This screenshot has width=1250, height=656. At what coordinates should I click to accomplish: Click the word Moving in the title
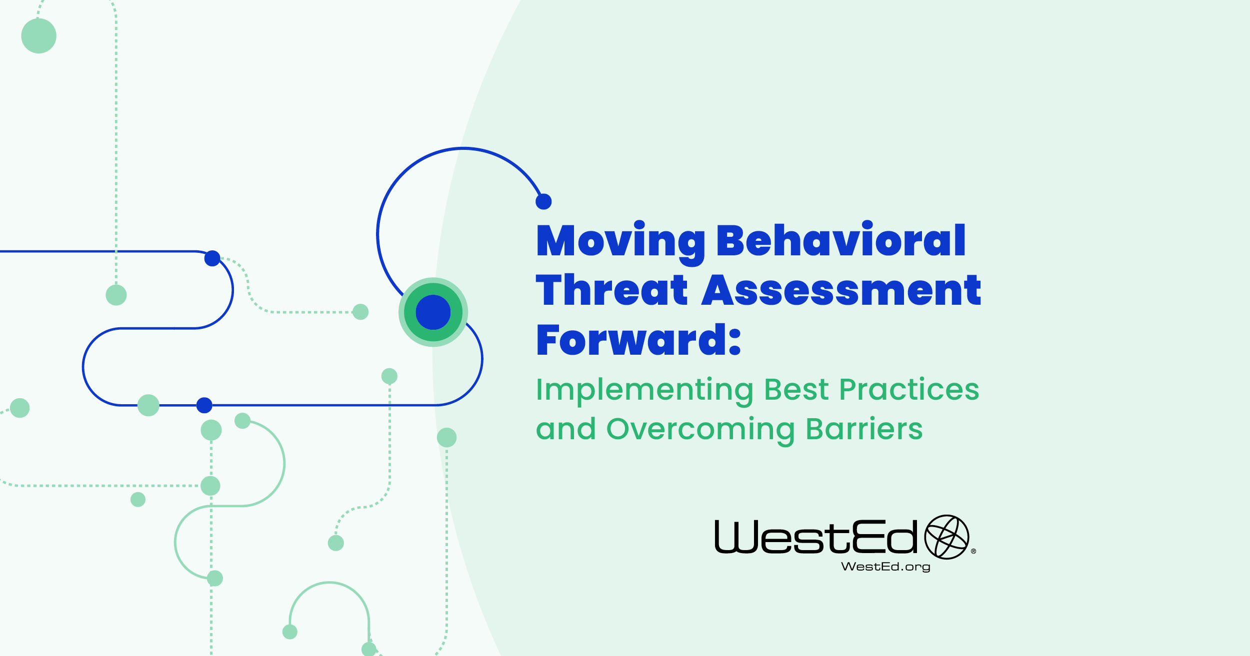(x=620, y=242)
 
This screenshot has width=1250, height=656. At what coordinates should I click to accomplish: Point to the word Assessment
(x=841, y=291)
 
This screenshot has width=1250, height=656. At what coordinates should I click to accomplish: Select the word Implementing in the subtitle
(x=644, y=390)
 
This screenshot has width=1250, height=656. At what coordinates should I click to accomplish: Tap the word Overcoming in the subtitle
(x=700, y=430)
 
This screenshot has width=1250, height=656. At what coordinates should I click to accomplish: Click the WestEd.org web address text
(x=885, y=567)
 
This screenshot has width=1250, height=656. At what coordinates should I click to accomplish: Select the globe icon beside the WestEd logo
(x=946, y=537)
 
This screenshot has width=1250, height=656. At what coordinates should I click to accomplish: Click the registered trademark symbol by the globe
(x=973, y=552)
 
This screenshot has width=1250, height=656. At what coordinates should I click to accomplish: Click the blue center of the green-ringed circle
(x=433, y=312)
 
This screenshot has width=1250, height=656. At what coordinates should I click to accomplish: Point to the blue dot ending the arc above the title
(x=543, y=202)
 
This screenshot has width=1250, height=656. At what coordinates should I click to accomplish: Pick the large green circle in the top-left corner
(x=39, y=36)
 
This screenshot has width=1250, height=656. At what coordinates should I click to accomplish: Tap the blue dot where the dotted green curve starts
(x=212, y=258)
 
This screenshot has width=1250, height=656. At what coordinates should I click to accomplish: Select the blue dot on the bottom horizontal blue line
(x=204, y=405)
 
